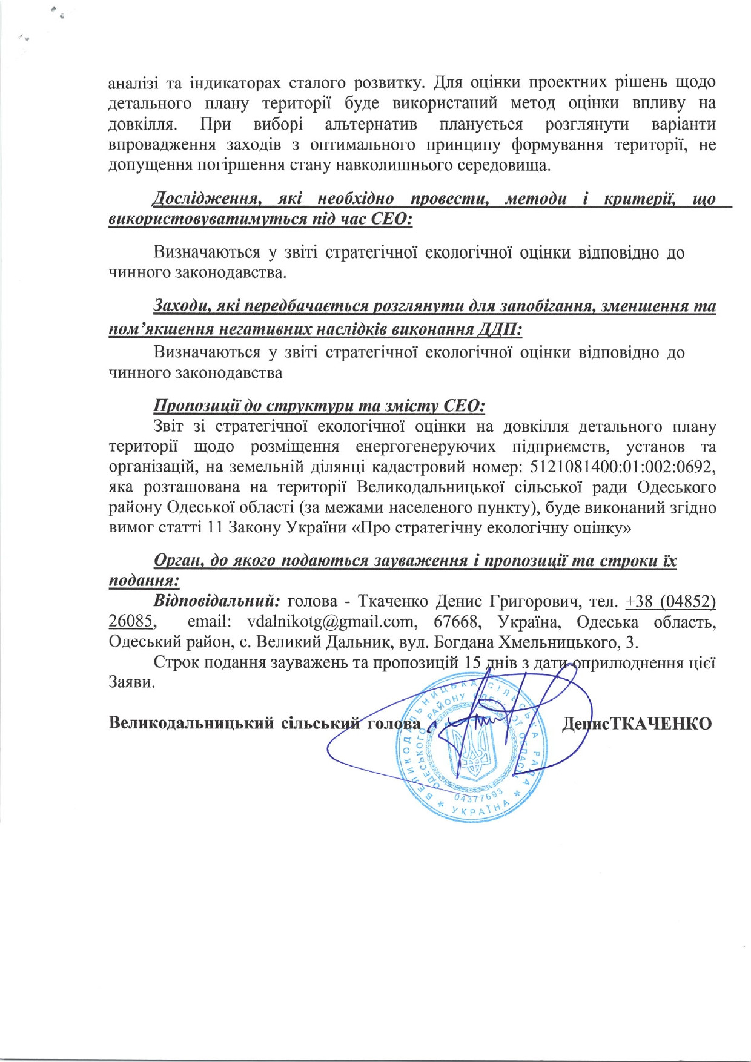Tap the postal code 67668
coord(455,622)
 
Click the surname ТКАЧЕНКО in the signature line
coord(661,724)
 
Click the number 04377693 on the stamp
coord(477,798)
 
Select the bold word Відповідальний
coord(217,602)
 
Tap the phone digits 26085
coord(130,622)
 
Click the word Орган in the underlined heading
coord(177,561)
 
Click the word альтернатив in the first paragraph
coord(371,125)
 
